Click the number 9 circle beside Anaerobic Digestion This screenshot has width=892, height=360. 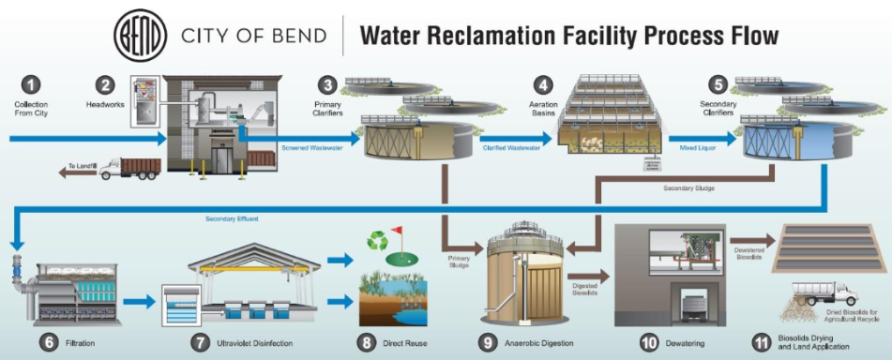[487, 342]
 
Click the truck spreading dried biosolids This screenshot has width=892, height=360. [826, 292]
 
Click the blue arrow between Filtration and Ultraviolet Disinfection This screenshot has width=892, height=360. [137, 302]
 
